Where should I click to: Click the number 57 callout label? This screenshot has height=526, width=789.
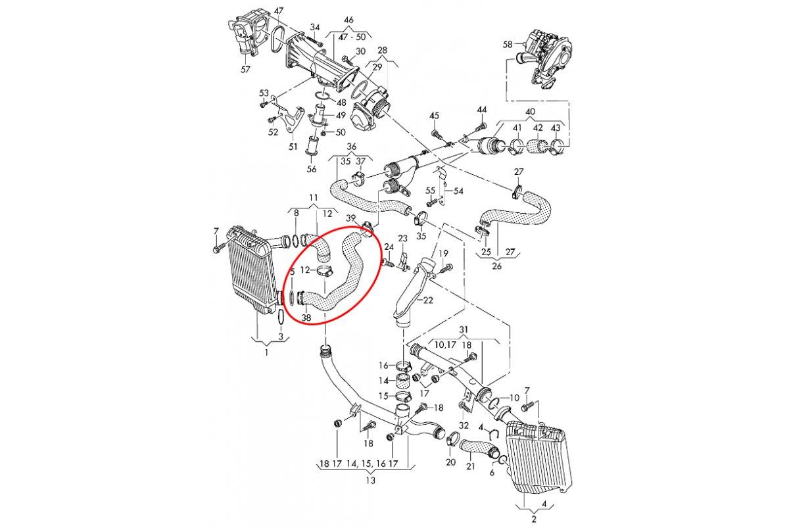pos(246,69)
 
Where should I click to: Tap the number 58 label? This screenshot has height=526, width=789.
pos(507,45)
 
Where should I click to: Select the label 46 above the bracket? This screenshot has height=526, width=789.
pos(348,20)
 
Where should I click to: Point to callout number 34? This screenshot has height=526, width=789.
pos(315,28)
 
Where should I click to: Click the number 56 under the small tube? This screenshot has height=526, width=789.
pos(312,169)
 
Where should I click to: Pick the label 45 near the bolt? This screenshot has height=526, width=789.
pos(434,116)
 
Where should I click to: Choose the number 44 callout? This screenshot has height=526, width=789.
pos(482,109)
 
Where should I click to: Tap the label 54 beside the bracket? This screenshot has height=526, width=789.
pos(458,191)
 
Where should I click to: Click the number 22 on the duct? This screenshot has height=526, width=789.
pos(428,300)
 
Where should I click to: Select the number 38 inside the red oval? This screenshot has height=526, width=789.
pos(306,318)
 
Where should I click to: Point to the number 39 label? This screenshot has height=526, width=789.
pos(351,218)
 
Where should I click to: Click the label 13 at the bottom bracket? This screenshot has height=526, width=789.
pos(370,481)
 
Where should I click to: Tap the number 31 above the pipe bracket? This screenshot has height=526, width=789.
pos(464,329)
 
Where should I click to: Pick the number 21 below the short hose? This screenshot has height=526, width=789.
pos(470,467)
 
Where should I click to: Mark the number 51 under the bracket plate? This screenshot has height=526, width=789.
pos(293,147)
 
